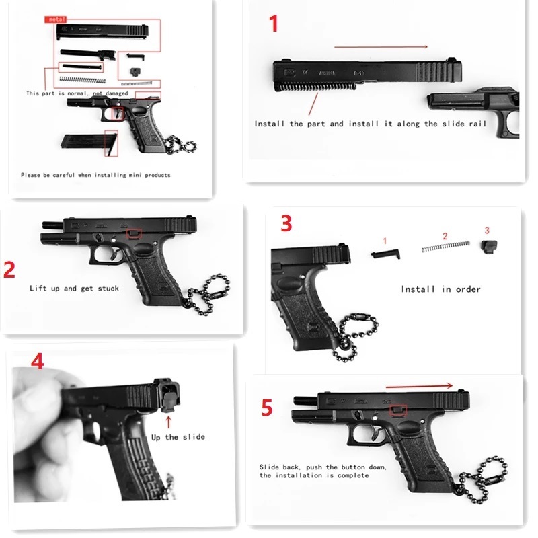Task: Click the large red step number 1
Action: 273,25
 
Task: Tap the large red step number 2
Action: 9,270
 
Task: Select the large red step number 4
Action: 37,362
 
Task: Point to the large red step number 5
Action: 268,408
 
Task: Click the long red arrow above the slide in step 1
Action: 381,46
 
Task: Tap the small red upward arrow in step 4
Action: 169,422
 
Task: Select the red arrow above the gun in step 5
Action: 419,386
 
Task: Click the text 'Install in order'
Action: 440,289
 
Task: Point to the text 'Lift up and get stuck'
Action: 74,289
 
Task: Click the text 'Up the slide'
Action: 178,438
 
